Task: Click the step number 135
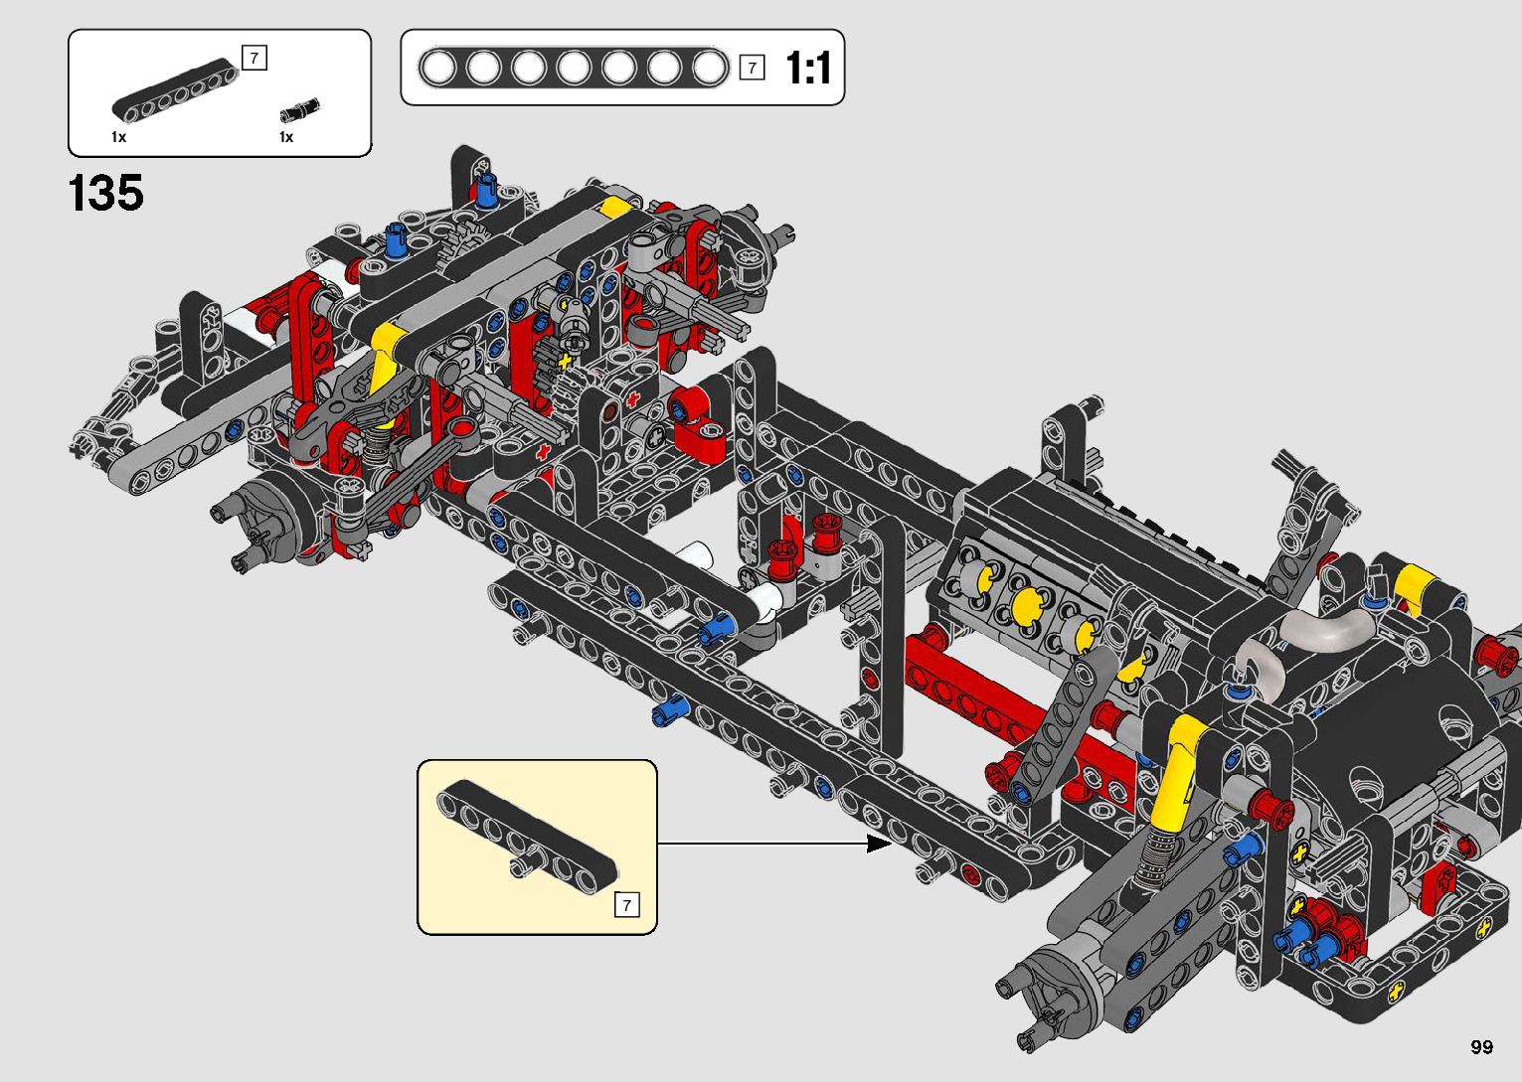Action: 106,193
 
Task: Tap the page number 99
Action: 1482,1046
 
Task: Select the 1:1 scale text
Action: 808,68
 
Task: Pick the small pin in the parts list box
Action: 299,110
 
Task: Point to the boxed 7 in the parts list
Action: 254,58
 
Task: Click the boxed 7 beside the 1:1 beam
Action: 753,68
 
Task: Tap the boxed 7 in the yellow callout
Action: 626,905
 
